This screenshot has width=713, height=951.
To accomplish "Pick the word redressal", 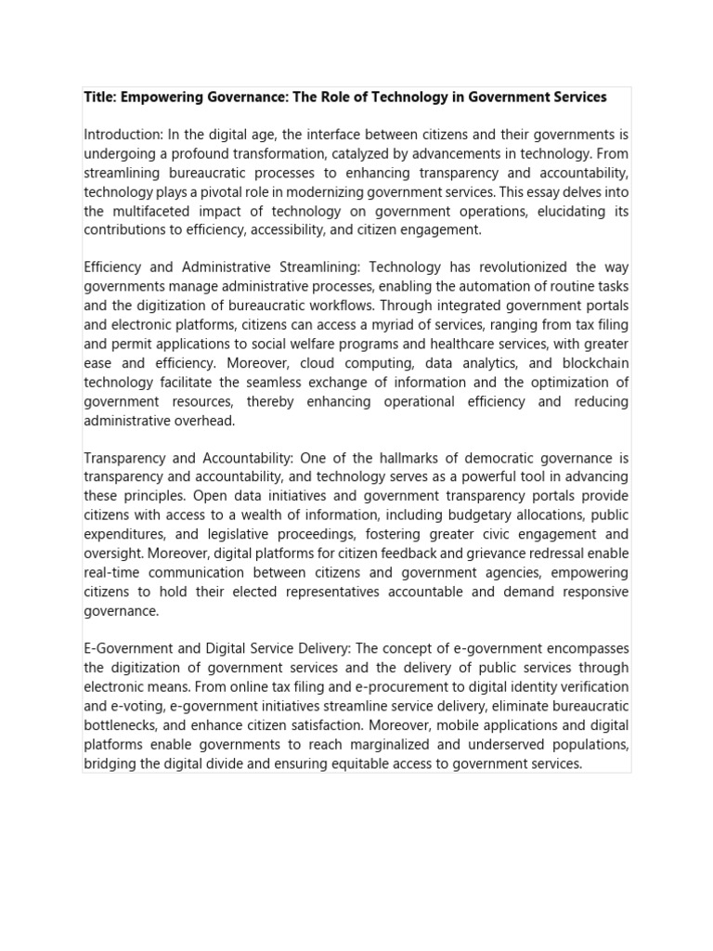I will (x=546, y=554).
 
